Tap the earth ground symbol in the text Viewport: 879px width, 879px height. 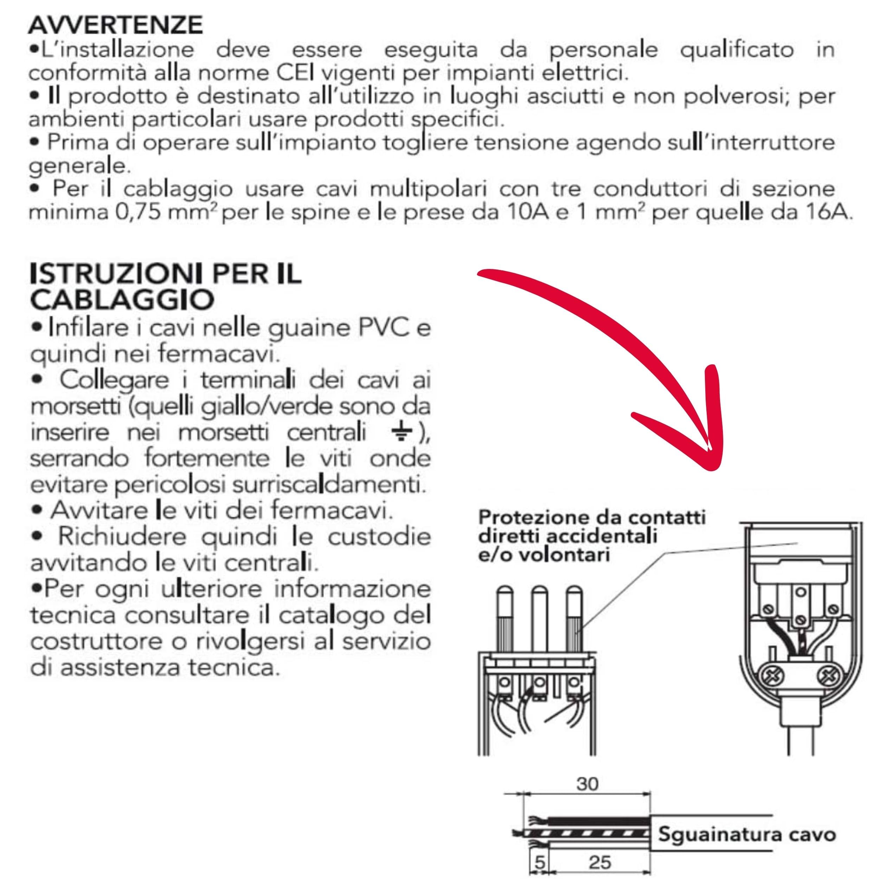(400, 434)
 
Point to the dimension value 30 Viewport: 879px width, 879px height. (588, 784)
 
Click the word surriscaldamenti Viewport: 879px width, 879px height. (330, 485)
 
